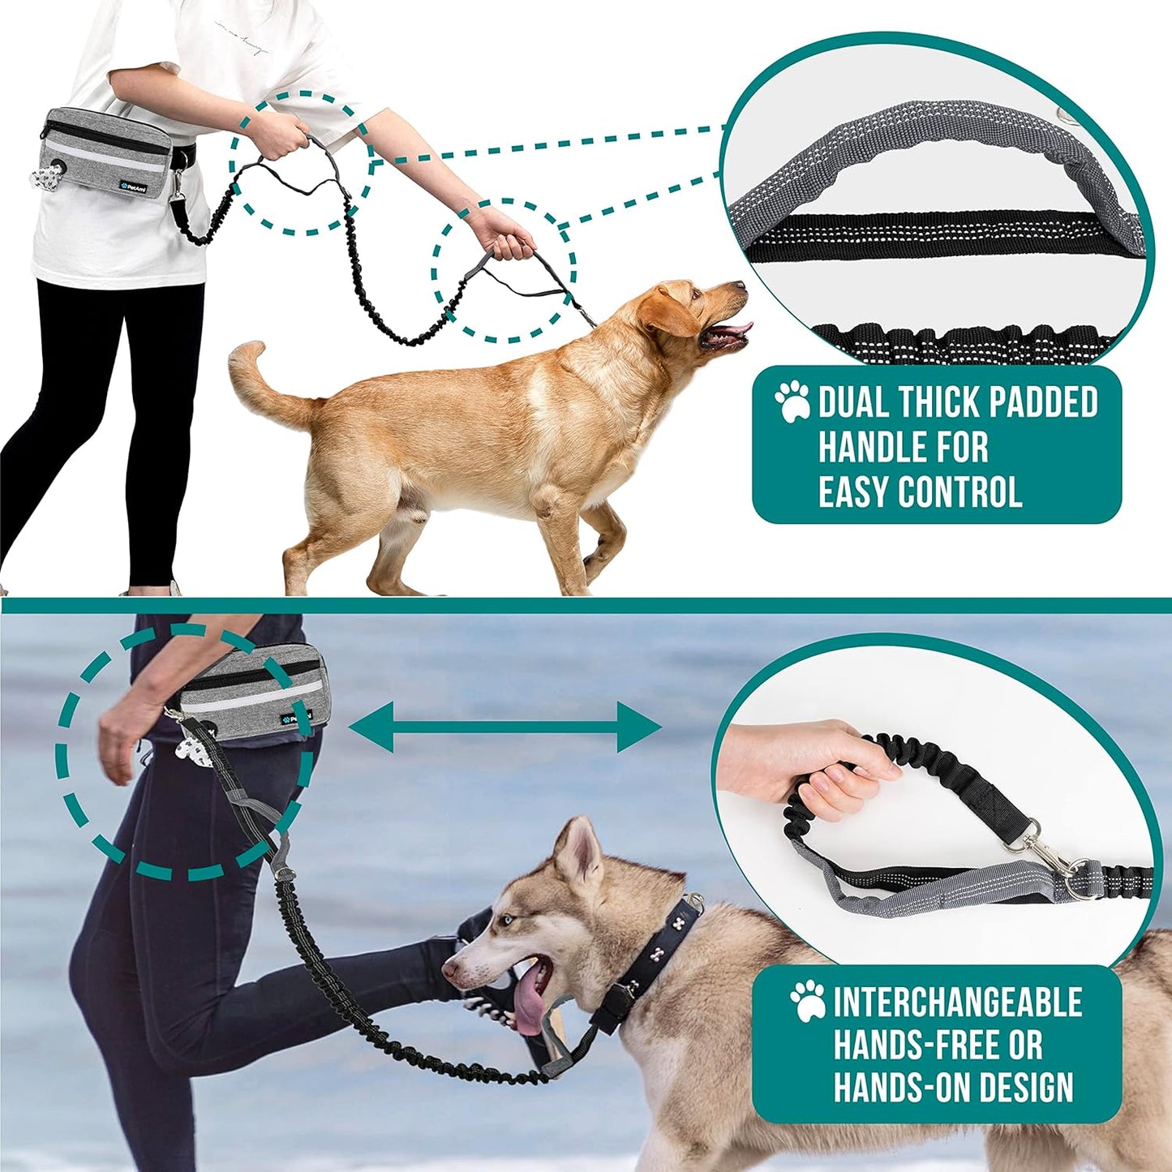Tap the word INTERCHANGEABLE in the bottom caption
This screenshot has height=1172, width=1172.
957,1002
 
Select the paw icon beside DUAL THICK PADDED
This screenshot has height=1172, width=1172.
792,401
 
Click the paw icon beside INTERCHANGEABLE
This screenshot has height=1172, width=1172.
808,1001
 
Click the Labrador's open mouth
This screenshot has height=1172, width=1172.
726,333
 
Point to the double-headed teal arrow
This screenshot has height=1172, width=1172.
504,727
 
